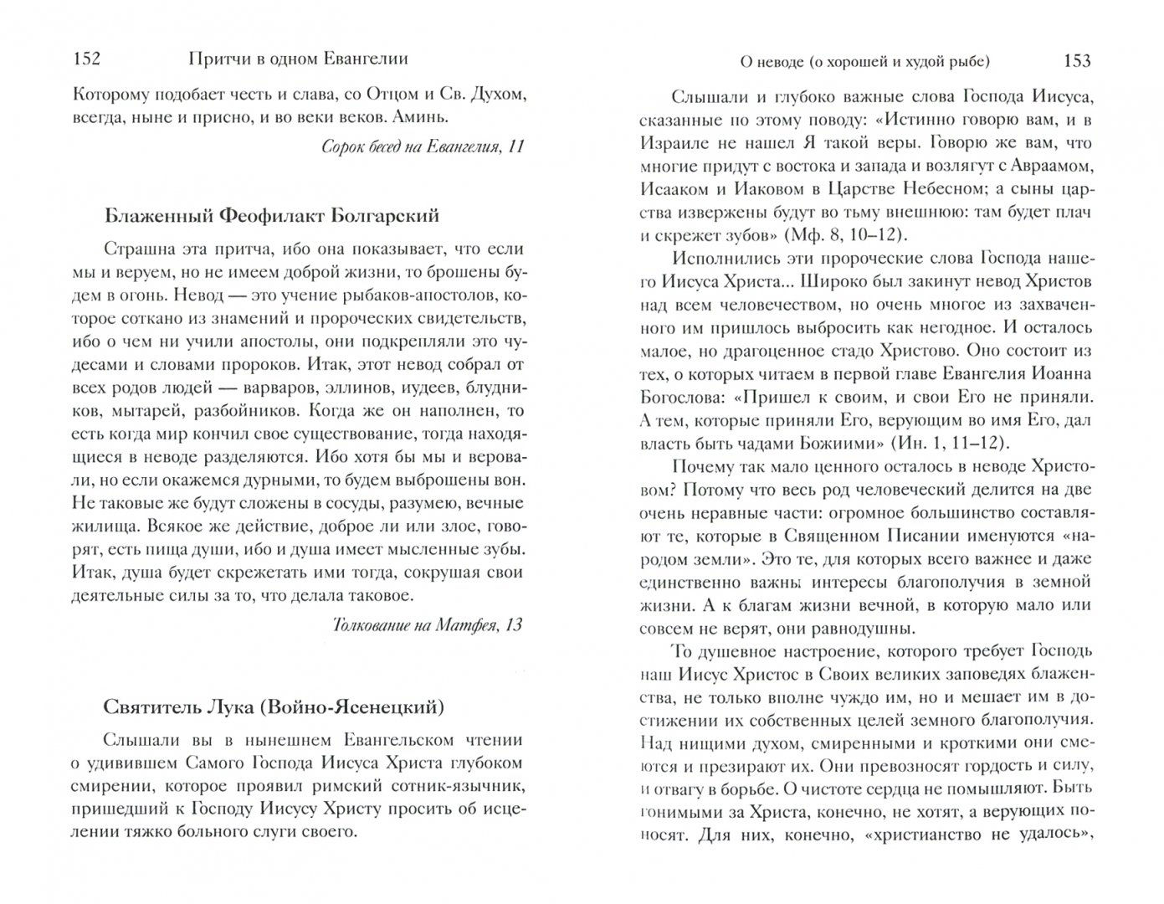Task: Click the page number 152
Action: [x=87, y=60]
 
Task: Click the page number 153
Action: [x=1076, y=60]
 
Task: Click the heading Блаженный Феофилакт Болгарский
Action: [x=272, y=216]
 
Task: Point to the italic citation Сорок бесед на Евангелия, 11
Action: [x=423, y=146]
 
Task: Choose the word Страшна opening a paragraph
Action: [x=134, y=249]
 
